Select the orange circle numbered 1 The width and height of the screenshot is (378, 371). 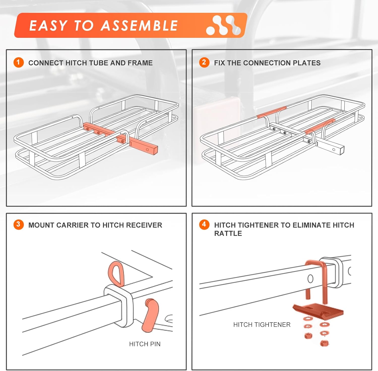click(x=18, y=62)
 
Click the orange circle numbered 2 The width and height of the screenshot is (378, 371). click(x=204, y=62)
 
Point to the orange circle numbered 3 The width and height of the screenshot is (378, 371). click(x=18, y=224)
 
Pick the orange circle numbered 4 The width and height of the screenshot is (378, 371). click(x=204, y=224)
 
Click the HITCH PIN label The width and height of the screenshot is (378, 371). click(x=145, y=344)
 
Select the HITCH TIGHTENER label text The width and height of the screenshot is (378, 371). click(x=262, y=325)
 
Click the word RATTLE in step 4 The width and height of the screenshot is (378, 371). click(x=228, y=234)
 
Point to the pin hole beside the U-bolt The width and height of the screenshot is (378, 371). click(x=310, y=279)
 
